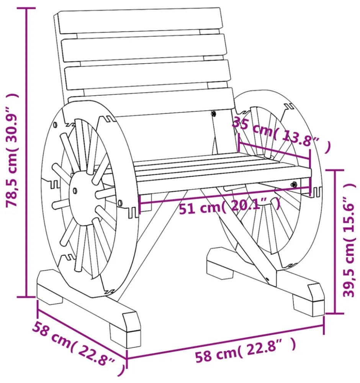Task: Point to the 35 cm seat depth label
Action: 281,134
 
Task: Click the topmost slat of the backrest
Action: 140,21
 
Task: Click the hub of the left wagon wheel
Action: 75,190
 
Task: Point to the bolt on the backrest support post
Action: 213,113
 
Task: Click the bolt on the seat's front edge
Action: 294,184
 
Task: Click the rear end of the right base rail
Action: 219,264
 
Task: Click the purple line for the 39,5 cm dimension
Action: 335,241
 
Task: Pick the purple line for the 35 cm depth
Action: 274,151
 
